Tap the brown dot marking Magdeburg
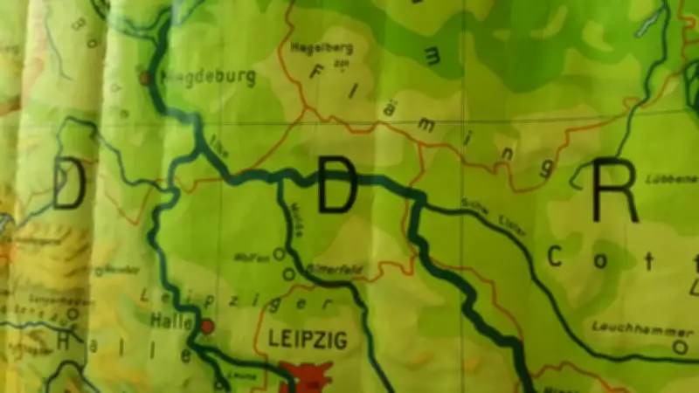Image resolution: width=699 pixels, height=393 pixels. click(146, 78)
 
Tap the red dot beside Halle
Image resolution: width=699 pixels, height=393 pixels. click(207, 327)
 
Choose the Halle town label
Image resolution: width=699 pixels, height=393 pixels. click(171, 321)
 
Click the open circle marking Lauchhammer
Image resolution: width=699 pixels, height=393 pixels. click(680, 347)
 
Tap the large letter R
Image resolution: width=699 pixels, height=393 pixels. click(615, 191)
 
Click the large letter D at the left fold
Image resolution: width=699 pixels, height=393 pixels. click(69, 184)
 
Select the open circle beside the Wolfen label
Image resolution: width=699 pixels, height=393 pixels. click(279, 253)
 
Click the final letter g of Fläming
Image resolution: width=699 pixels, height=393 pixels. click(548, 167)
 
